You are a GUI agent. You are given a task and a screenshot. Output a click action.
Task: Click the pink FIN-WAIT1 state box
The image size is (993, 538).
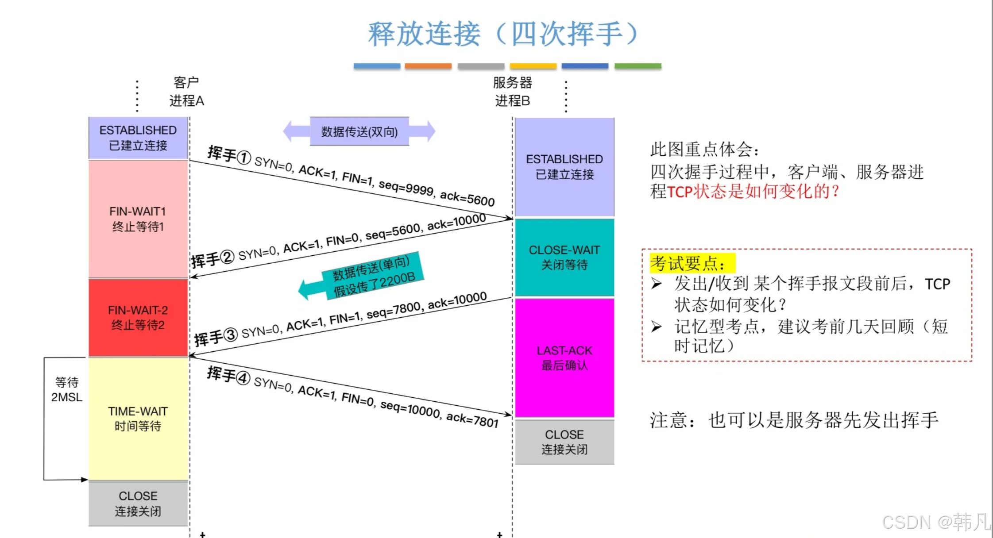(138, 219)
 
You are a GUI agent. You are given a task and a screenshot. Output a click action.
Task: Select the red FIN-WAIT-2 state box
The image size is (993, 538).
(138, 318)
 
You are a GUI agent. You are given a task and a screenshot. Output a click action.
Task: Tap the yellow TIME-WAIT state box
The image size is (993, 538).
(138, 419)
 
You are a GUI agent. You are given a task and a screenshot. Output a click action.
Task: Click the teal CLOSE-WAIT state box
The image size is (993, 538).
(564, 257)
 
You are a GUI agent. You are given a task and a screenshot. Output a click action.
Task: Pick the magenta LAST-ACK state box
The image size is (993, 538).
(564, 357)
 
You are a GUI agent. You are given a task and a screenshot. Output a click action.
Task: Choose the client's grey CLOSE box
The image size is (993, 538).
(138, 503)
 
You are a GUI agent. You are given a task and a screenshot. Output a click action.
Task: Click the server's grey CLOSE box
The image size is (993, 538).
(564, 442)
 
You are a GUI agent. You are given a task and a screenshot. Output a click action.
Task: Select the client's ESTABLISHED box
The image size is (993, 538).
(138, 138)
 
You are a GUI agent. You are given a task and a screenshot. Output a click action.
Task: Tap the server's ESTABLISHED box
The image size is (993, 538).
(564, 167)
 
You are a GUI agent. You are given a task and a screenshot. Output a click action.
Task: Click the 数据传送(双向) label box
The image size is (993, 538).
(359, 132)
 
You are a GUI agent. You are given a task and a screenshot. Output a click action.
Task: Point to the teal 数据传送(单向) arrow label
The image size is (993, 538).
(373, 277)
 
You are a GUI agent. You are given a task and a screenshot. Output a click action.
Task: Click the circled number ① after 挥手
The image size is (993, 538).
(243, 158)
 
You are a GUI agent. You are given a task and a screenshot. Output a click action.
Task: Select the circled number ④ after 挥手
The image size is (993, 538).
(243, 378)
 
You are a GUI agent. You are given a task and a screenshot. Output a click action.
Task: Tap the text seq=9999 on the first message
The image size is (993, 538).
(406, 188)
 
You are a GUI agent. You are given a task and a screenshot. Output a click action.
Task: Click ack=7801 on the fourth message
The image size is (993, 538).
(472, 419)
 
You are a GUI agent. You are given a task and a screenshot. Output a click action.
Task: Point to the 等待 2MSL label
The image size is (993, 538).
(67, 389)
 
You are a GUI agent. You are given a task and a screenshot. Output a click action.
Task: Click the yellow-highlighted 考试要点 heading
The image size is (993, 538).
(692, 263)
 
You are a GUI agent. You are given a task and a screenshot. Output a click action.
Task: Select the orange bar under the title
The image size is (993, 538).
(428, 66)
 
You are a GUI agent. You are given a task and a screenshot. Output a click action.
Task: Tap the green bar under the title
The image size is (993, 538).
(638, 66)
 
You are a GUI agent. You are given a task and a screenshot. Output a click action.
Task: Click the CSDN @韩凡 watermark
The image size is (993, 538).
(935, 522)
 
